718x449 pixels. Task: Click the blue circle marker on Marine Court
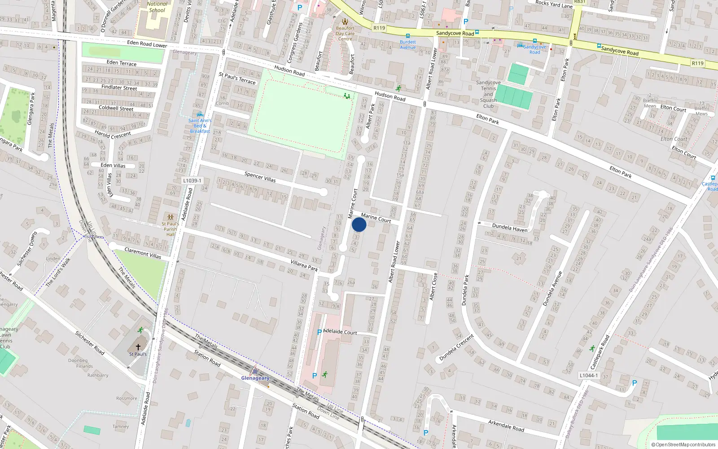[x=359, y=225]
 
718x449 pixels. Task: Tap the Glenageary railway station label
[x=255, y=378]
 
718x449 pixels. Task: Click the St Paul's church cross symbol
[x=138, y=347]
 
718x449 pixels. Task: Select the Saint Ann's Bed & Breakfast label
[x=200, y=125]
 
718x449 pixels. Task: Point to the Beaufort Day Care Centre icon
[x=345, y=22]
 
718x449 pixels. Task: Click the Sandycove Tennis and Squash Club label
[x=488, y=94]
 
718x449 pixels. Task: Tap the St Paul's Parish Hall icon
[x=170, y=217]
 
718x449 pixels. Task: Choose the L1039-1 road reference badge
[x=193, y=180]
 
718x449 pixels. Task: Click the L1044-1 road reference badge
[x=588, y=375]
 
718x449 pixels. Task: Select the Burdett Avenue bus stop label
[x=408, y=44]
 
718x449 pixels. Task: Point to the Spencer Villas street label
[x=260, y=177]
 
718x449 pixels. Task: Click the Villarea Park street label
[x=304, y=265]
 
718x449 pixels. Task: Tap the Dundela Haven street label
[x=510, y=228]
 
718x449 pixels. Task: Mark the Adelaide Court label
[x=340, y=332]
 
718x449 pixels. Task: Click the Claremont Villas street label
[x=143, y=253]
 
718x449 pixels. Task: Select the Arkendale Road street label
[x=506, y=425]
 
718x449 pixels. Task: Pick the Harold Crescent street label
[x=113, y=134]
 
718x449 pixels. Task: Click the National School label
[x=157, y=7]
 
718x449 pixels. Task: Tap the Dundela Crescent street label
[x=456, y=347]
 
